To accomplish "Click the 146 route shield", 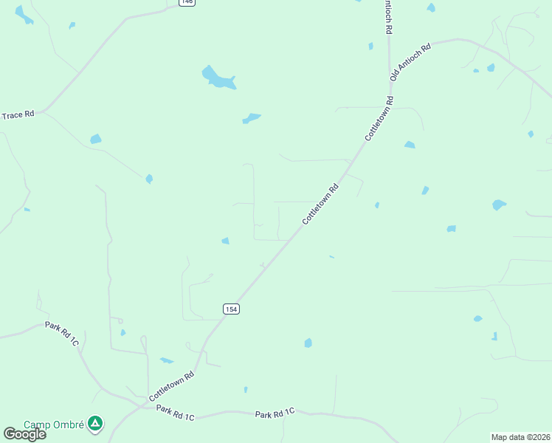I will [x=187, y=2].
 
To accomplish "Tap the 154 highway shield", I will [x=231, y=308].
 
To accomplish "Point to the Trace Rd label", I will [x=18, y=115].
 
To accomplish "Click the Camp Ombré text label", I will [x=55, y=425].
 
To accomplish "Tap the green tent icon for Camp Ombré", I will [x=94, y=424].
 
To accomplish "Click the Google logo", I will [x=24, y=434].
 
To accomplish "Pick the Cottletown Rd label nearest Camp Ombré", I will [x=171, y=386].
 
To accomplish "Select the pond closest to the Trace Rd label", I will [x=95, y=139].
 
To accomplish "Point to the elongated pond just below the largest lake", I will [x=252, y=118].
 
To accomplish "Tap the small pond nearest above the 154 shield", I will [x=225, y=241].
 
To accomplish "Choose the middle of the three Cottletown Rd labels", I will [x=320, y=205].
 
